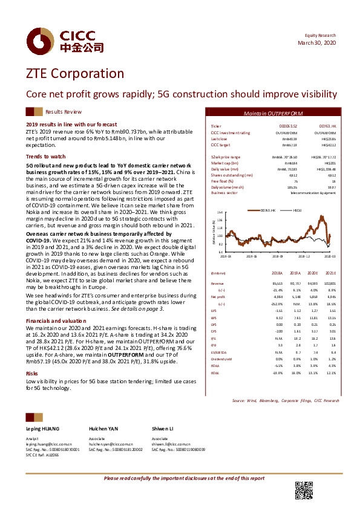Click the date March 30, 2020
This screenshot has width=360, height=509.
point(318,43)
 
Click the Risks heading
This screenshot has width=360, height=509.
point(31,374)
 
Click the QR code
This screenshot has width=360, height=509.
point(303,490)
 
